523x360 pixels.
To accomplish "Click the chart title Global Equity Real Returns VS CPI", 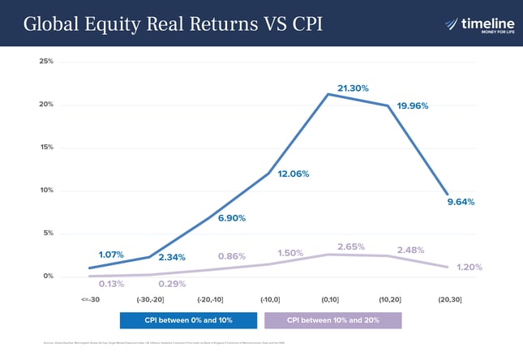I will click(173, 24).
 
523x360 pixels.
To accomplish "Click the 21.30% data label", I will click(353, 88).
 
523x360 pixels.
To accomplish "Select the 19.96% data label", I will click(418, 106).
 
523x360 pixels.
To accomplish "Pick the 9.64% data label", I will click(461, 202).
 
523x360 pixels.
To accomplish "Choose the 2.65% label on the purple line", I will click(351, 246).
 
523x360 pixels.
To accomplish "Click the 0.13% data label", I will click(111, 284).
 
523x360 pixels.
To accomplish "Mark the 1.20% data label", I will click(469, 268).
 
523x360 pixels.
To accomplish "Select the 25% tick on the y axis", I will click(46, 62).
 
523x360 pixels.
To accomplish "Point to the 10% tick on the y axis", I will click(46, 191).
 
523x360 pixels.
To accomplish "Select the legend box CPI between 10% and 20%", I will click(332, 320).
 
